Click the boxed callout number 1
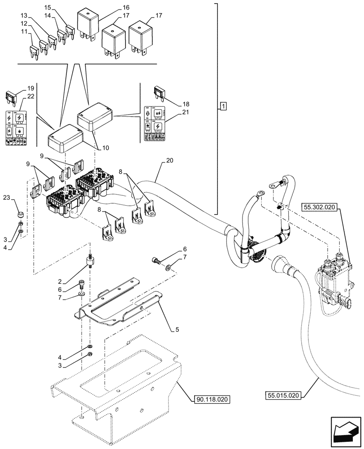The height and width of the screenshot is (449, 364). [x=223, y=106]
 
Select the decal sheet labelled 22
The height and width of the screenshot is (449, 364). [x=15, y=128]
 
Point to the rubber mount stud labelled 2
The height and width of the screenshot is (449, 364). [x=91, y=261]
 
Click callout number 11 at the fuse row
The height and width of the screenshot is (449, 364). [x=24, y=32]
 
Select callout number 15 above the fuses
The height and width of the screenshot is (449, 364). [x=48, y=7]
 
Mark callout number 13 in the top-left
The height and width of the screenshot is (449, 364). [x=24, y=16]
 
